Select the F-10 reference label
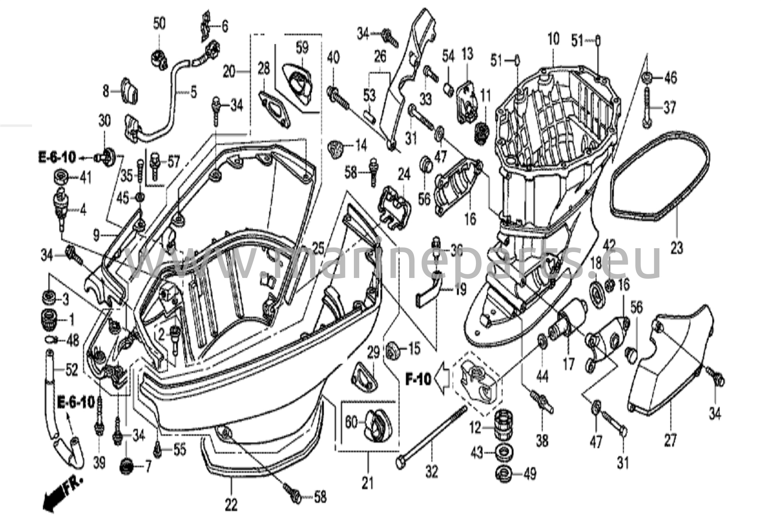point(418,379)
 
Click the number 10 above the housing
point(553,39)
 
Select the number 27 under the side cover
point(670,440)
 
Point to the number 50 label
point(159,24)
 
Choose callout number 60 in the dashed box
point(351,422)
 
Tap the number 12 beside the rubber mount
point(475,429)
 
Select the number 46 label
point(670,78)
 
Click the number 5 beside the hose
point(194,92)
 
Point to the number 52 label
point(72,369)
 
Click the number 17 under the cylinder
point(568,365)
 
